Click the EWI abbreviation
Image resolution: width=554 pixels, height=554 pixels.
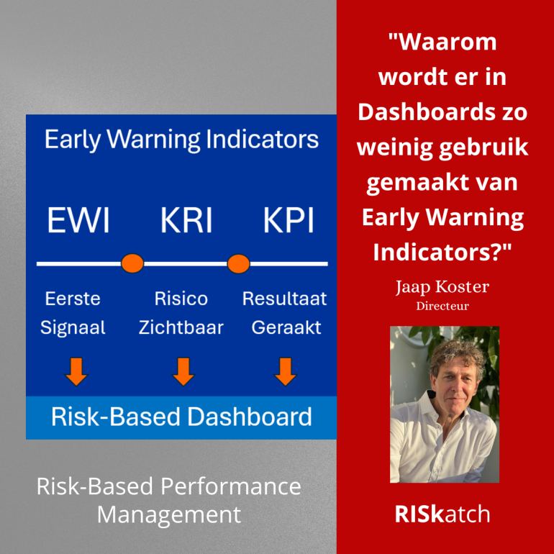point(78,220)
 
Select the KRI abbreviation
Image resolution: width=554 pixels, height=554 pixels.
point(186,220)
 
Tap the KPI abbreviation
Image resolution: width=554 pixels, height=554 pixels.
point(288,220)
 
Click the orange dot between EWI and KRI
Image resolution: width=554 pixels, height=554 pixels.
point(132,263)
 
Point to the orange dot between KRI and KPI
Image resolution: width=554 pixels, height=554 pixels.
point(238,263)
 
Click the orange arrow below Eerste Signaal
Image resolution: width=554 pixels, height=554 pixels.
point(76,371)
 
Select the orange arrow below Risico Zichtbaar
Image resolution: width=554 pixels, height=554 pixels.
point(183,371)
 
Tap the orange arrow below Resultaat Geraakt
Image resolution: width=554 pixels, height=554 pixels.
point(286,371)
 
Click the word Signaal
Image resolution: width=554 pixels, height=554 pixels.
point(73,327)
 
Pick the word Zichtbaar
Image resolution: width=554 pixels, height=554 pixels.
point(181,327)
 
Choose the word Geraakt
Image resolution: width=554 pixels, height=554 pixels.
point(286,327)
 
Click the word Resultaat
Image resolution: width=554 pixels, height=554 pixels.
point(284,299)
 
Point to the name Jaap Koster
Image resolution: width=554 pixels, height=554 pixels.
point(442,288)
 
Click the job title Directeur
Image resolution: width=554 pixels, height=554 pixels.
point(442,306)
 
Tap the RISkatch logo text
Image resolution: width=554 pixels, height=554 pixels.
point(442,514)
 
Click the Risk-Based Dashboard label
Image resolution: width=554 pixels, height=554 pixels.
point(181,417)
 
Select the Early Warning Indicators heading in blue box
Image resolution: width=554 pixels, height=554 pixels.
point(181,139)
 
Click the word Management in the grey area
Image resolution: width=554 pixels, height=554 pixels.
point(169,514)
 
